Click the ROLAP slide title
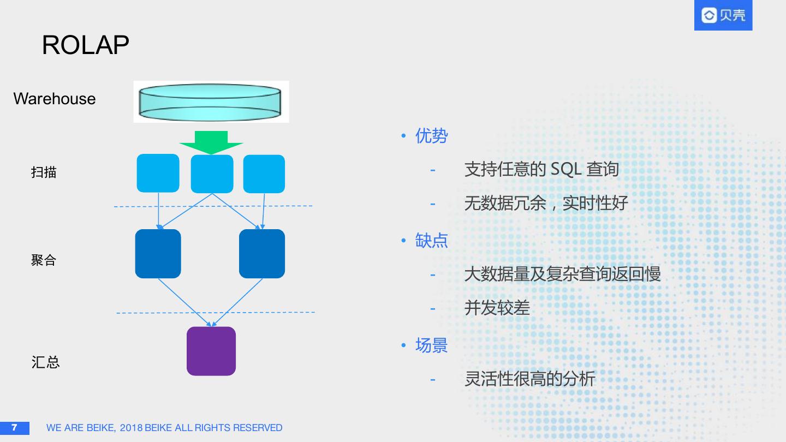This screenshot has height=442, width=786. [x=85, y=45]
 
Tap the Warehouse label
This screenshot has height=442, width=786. [x=54, y=99]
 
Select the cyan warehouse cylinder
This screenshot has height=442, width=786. [x=211, y=101]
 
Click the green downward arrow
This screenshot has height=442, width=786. [x=211, y=142]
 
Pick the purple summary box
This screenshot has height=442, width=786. [x=211, y=351]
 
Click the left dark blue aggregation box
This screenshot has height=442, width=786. [x=158, y=254]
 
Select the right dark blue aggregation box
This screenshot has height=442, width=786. [x=262, y=254]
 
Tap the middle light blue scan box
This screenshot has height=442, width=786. [x=212, y=174]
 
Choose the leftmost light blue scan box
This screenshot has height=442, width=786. [x=158, y=174]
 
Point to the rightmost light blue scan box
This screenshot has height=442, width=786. [x=264, y=174]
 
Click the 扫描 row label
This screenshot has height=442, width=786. [x=44, y=172]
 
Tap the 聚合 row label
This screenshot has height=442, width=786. [x=44, y=260]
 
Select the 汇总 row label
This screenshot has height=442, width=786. [x=45, y=362]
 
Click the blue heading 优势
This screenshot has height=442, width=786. [x=431, y=136]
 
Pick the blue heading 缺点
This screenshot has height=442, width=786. [x=431, y=240]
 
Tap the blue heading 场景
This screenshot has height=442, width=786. [x=431, y=345]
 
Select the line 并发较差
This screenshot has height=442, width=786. [x=497, y=308]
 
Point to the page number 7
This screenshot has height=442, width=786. [x=14, y=427]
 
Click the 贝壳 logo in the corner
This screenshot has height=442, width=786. [x=723, y=15]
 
